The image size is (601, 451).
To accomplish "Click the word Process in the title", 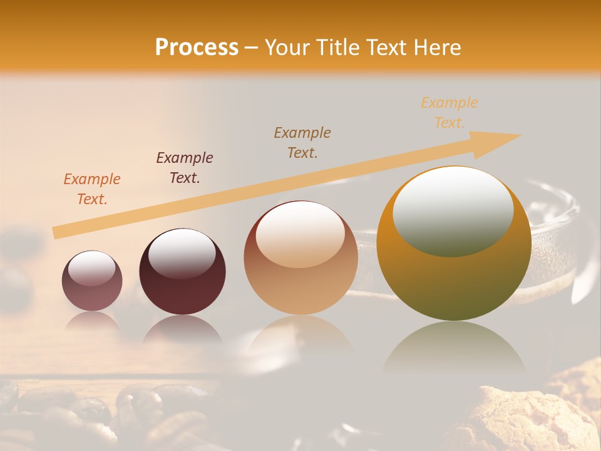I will click(197, 48).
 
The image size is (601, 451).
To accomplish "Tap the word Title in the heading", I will click(335, 48).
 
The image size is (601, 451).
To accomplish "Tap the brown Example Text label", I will click(302, 143).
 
